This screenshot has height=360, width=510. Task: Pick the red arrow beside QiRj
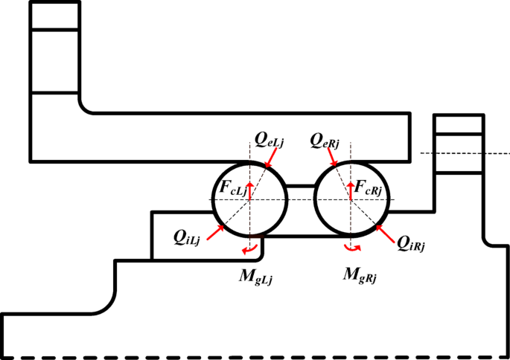click(386, 231)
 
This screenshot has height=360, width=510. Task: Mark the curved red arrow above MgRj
click(354, 248)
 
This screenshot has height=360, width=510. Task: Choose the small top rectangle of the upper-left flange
click(54, 16)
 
